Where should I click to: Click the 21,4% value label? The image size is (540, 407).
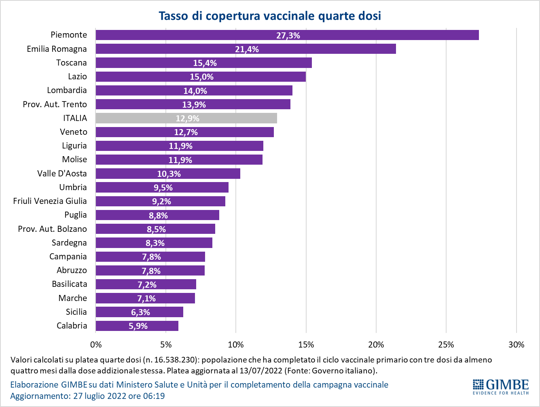coord(247,49)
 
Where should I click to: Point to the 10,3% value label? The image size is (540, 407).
coord(169,174)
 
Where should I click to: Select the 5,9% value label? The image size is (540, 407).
coord(138,326)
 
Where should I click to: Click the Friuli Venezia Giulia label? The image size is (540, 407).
coord(50,201)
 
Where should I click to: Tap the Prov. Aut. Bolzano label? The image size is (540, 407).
coord(52,229)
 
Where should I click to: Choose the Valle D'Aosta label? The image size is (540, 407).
coord(62,174)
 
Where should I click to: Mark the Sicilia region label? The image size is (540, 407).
coord(76,312)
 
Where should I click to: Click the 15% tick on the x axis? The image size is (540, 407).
coord(306,345)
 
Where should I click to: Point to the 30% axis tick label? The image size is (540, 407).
coord(516,345)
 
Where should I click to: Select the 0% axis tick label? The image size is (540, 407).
coord(96,345)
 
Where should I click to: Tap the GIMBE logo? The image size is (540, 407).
coord(500,386)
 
